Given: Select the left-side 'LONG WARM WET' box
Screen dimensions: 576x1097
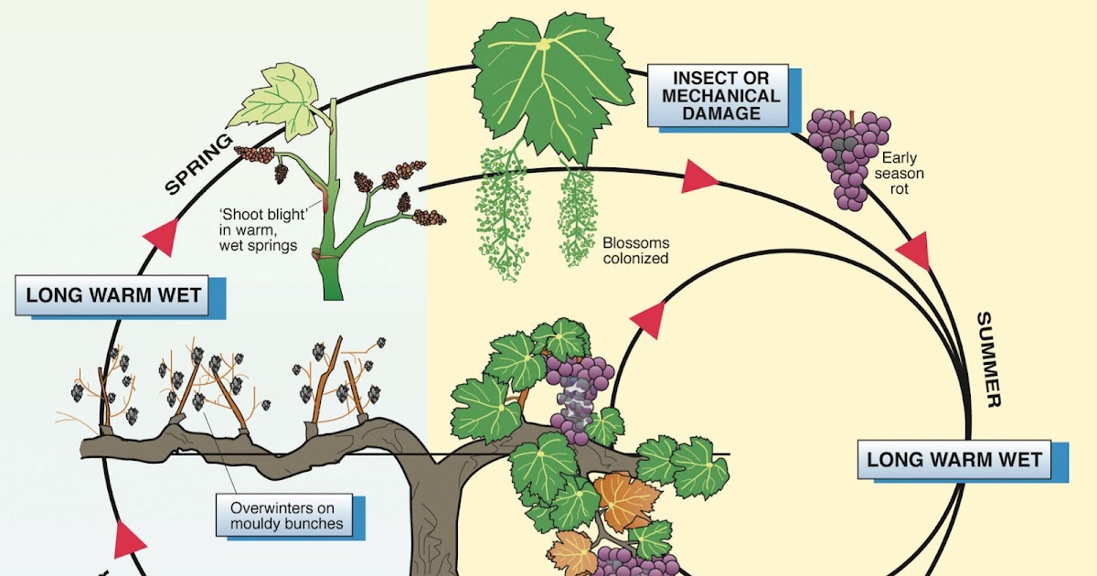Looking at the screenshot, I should [x=114, y=296].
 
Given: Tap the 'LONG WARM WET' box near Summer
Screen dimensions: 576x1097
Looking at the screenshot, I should [x=954, y=459].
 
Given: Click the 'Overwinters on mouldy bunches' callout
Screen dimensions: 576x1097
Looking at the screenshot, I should [x=287, y=516].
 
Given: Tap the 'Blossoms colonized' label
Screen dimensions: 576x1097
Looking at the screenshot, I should [x=635, y=251].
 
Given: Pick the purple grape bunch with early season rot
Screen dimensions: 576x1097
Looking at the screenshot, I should [x=846, y=155].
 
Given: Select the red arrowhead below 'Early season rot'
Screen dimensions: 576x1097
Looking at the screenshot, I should [x=914, y=251].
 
